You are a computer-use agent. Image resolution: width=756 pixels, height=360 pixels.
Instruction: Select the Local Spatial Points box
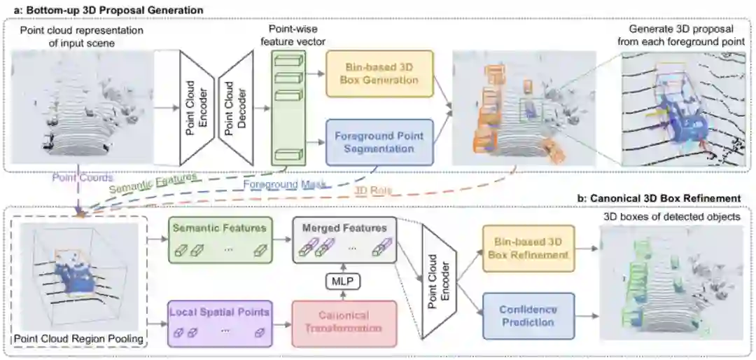220,322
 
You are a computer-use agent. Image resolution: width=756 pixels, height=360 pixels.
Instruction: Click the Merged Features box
344,240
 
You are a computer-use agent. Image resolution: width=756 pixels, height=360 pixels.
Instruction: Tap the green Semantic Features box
220,240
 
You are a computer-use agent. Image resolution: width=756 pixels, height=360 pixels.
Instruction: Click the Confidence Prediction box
528,316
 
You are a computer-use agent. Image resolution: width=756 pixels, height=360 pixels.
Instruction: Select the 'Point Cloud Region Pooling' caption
78,340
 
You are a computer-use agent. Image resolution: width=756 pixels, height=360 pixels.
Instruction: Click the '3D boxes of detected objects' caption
671,217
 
